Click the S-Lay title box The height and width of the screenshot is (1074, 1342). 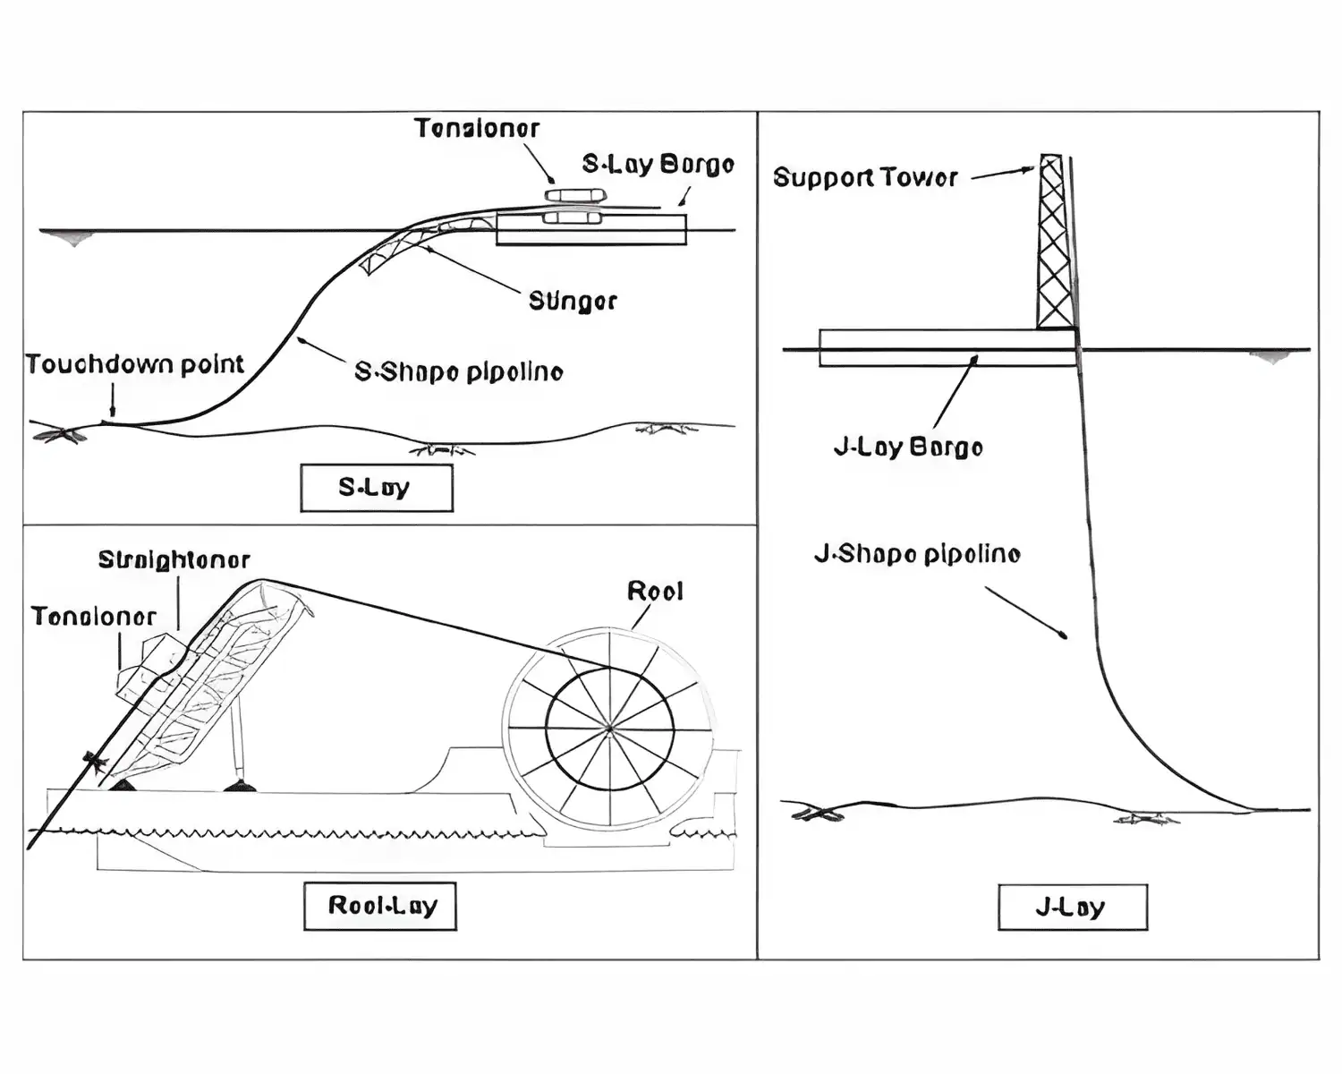click(x=376, y=488)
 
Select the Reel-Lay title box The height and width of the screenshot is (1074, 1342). click(x=380, y=906)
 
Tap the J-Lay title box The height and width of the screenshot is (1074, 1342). click(x=1072, y=908)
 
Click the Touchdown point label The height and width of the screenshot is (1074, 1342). click(x=134, y=364)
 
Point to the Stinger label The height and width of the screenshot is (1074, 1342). click(x=573, y=301)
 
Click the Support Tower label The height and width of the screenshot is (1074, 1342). click(x=865, y=177)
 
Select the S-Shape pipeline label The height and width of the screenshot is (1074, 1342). click(x=459, y=371)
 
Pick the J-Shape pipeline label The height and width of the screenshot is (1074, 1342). click(x=917, y=554)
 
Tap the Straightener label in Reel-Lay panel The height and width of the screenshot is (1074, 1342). click(x=174, y=560)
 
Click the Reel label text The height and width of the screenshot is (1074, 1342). click(x=655, y=592)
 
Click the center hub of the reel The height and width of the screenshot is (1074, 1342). click(x=609, y=729)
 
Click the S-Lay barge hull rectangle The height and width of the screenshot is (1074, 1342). click(x=591, y=230)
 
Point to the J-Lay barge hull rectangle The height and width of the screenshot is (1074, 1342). click(x=947, y=348)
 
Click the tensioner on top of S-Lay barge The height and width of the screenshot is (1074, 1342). click(x=576, y=195)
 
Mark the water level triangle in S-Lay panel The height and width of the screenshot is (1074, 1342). click(x=72, y=238)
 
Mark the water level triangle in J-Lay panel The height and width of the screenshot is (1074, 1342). click(x=1270, y=357)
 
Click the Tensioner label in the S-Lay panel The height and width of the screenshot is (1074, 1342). click(x=477, y=129)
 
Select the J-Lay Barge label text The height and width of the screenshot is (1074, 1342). click(x=908, y=447)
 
